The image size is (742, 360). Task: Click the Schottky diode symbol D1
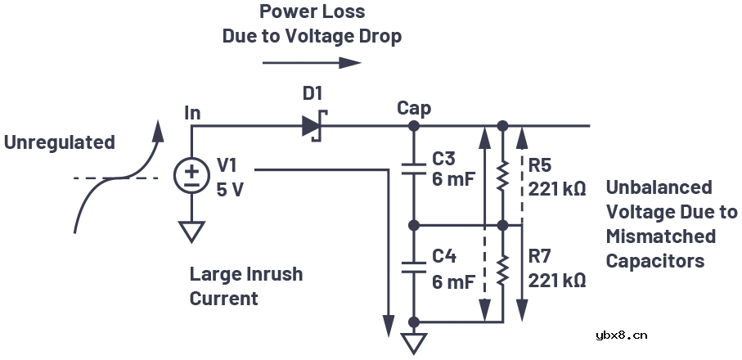[314, 126]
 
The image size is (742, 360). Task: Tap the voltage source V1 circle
[191, 174]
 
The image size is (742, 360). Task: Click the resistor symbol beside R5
[503, 173]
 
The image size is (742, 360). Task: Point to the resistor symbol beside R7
[503, 267]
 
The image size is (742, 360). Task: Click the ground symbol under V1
[191, 232]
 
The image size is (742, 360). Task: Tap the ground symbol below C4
[415, 342]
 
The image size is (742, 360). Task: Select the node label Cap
[414, 108]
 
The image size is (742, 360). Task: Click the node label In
[192, 113]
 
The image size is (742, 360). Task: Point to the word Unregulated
[60, 142]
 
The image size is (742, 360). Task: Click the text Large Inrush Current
[245, 286]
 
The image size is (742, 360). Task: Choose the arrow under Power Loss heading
[311, 62]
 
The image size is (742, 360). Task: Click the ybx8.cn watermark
[622, 334]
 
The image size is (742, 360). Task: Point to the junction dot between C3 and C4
[414, 224]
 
